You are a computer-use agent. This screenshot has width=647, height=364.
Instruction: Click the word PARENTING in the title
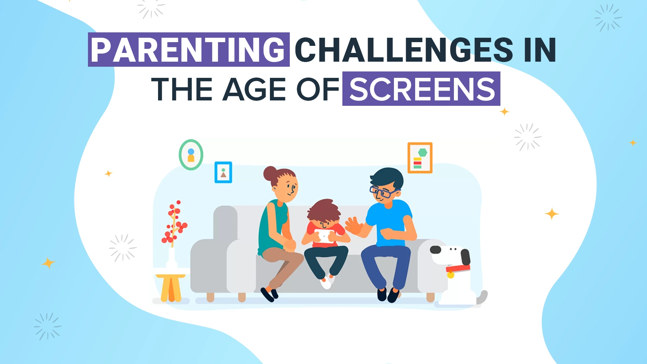[x=188, y=50]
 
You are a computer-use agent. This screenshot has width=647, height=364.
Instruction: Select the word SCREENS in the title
[x=422, y=89]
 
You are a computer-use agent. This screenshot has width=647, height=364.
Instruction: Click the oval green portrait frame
[x=191, y=155]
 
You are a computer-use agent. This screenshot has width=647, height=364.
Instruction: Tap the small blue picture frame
[x=223, y=172]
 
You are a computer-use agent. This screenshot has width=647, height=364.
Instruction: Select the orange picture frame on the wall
[x=420, y=158]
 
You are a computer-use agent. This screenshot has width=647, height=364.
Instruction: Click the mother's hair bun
[x=270, y=173]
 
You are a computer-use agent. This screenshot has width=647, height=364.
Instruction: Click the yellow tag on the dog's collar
[x=451, y=275]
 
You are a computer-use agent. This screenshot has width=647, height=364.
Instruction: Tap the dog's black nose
[x=435, y=250]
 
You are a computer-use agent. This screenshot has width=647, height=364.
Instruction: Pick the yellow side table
[x=171, y=286]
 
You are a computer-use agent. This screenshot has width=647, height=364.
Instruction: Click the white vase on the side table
[x=172, y=259]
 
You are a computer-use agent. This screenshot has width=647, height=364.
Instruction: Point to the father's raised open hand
[x=352, y=226]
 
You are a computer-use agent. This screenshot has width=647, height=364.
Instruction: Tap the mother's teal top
[x=271, y=226]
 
